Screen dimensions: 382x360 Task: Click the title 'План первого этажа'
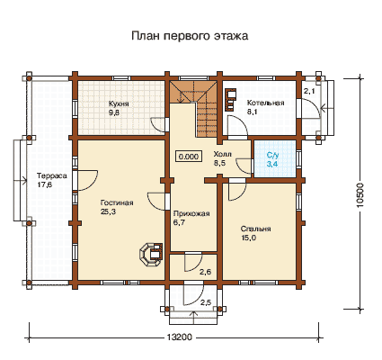click(x=190, y=36)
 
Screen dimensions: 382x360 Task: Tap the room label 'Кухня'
click(x=119, y=103)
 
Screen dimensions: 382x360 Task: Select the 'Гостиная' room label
click(x=117, y=203)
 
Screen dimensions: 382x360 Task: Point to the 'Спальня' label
click(x=256, y=229)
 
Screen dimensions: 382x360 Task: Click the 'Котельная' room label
click(x=265, y=103)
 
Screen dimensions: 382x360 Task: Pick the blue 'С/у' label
click(x=273, y=156)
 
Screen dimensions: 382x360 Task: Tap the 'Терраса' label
click(x=51, y=175)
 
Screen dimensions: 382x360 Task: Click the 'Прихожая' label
click(x=191, y=214)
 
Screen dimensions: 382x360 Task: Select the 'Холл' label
click(x=223, y=154)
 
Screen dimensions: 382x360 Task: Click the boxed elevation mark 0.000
click(x=189, y=157)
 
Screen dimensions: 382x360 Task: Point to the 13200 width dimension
click(x=179, y=337)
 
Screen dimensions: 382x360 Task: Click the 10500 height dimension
click(x=360, y=195)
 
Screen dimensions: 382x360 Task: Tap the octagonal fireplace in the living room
click(x=151, y=255)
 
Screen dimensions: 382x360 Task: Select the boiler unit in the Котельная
click(x=230, y=99)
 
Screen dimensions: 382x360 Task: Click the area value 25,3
click(x=108, y=212)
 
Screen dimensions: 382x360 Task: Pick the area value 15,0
click(x=248, y=238)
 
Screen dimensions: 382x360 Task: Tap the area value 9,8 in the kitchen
click(x=114, y=113)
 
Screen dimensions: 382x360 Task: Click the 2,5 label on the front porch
click(x=206, y=302)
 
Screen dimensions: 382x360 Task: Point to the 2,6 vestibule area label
click(x=206, y=273)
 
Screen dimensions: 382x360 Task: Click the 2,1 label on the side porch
click(x=309, y=91)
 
